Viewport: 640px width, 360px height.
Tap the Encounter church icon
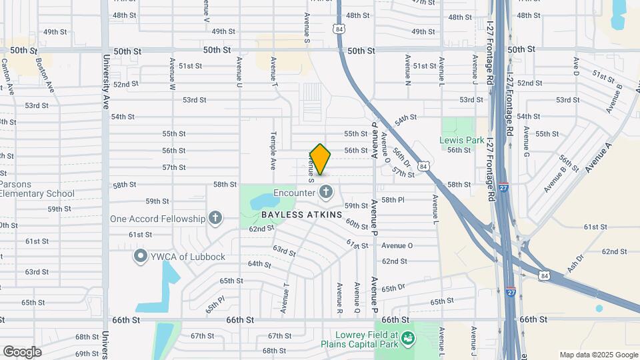pos(326,193)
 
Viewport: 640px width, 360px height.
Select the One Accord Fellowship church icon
pos(215,218)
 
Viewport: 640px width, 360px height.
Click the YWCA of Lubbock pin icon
pos(140,257)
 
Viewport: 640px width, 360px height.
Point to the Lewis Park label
pos(461,140)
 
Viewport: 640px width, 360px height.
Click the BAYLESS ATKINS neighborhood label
pos(301,215)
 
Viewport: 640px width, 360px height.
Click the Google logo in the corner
pos(22,351)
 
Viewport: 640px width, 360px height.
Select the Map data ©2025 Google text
pos(598,355)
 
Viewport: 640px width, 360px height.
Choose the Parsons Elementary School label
pos(37,189)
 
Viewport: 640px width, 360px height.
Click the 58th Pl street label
pos(393,200)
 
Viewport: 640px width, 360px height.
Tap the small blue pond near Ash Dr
pos(599,309)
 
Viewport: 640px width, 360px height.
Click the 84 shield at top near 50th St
pos(340,29)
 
